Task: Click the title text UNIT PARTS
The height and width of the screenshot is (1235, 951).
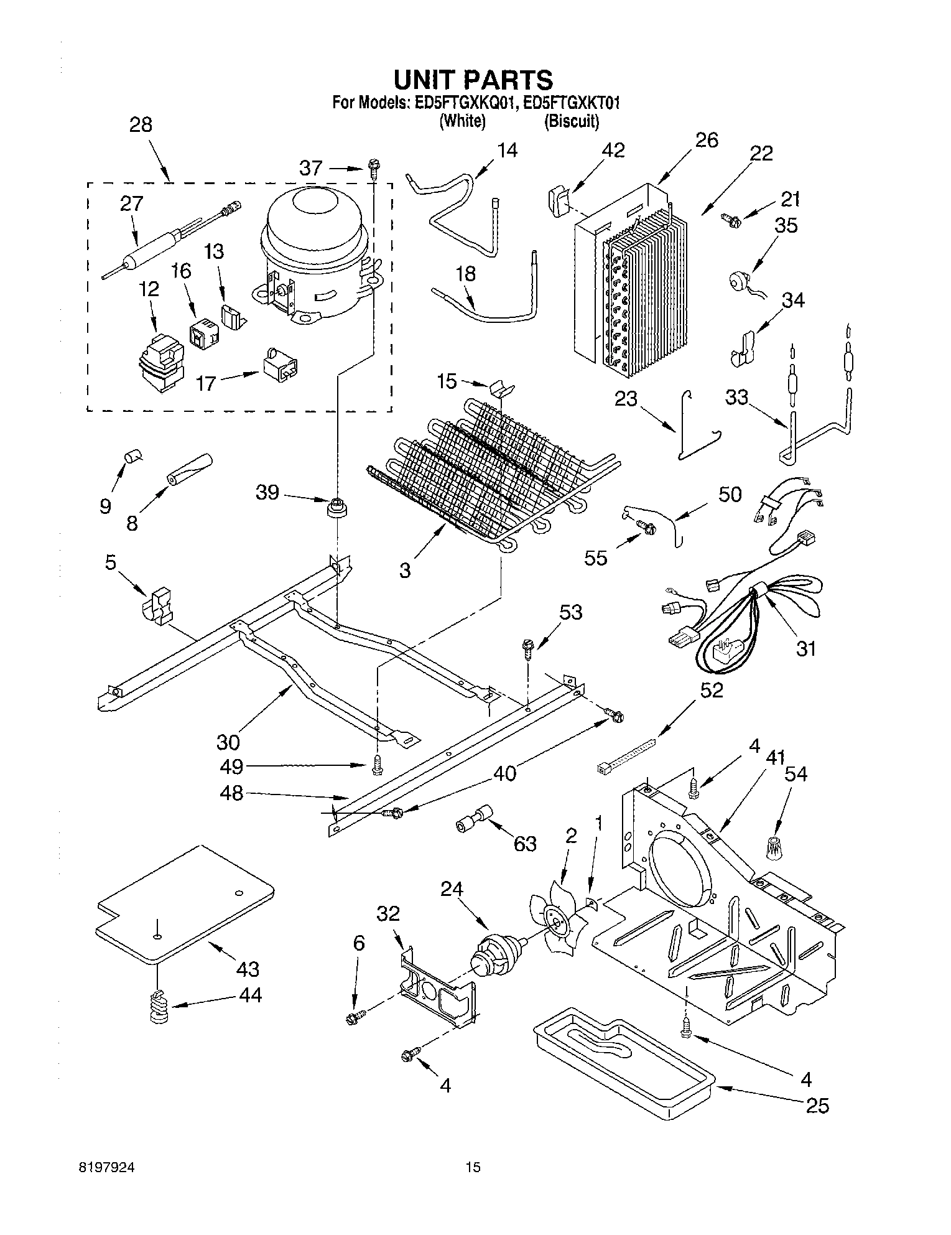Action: tap(473, 80)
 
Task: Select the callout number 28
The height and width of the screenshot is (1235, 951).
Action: tap(141, 124)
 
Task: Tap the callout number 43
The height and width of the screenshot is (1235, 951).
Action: tap(248, 969)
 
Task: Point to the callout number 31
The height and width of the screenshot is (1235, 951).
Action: tap(806, 648)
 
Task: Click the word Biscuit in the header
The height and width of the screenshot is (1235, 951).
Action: tap(572, 122)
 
